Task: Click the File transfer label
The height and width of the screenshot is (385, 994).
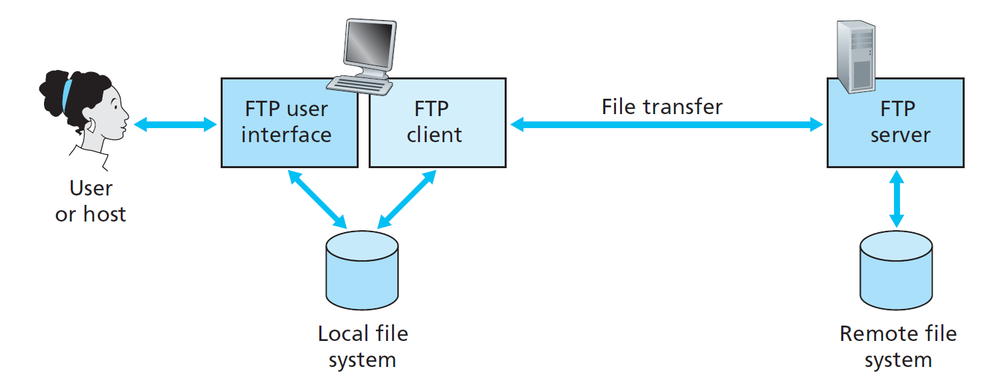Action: tap(661, 107)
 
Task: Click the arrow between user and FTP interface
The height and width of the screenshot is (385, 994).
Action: tap(175, 123)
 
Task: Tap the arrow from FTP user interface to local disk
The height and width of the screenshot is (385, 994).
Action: tap(317, 198)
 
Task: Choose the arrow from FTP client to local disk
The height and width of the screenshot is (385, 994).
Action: tap(407, 199)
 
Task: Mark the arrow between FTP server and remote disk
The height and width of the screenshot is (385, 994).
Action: tap(897, 198)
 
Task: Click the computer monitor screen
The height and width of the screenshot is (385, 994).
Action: tap(366, 47)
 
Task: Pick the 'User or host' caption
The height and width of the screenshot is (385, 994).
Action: tap(91, 201)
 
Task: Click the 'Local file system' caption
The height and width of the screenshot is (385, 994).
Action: tap(362, 346)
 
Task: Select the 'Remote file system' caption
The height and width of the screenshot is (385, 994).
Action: tap(897, 346)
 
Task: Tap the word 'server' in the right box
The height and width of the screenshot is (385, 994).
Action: tap(900, 135)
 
